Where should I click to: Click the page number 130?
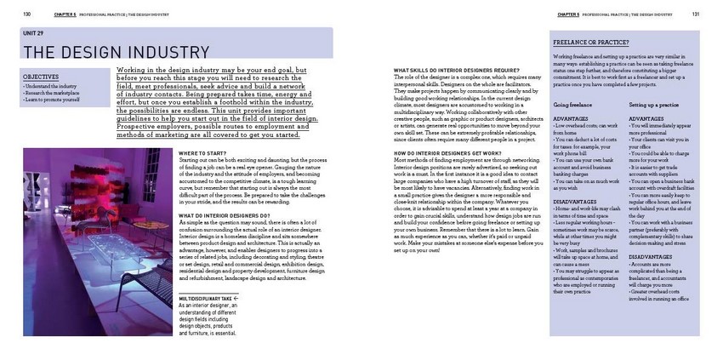(27, 14)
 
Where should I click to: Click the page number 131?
(695, 14)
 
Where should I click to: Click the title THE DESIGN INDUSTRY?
(105, 51)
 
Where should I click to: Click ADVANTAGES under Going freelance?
(572, 119)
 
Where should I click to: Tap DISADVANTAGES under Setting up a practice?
(655, 255)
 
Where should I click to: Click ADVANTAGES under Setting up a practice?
(648, 119)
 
